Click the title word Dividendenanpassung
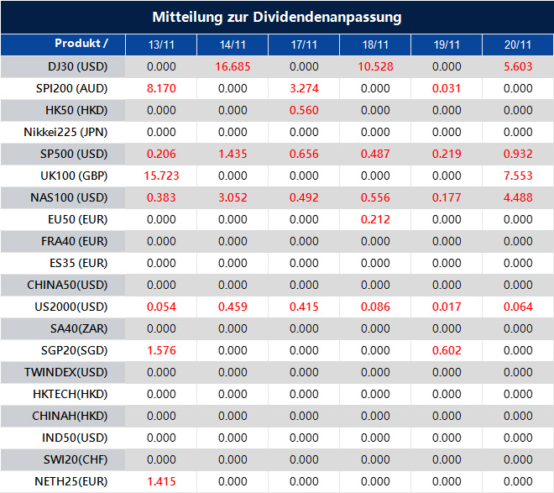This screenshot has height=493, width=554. click(340, 17)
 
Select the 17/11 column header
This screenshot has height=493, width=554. click(304, 45)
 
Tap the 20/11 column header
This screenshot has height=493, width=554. click(518, 45)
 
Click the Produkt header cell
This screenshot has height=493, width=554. click(81, 44)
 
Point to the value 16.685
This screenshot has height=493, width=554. click(233, 66)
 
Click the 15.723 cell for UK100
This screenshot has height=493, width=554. click(161, 176)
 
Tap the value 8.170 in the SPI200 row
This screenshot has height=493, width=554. click(161, 88)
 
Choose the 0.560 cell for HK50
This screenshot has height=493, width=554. click(304, 110)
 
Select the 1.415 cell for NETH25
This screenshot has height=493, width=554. click(161, 481)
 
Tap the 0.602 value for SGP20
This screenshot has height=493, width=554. click(447, 350)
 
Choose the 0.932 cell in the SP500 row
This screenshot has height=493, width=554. click(518, 154)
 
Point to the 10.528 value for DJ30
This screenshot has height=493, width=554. click(375, 66)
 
